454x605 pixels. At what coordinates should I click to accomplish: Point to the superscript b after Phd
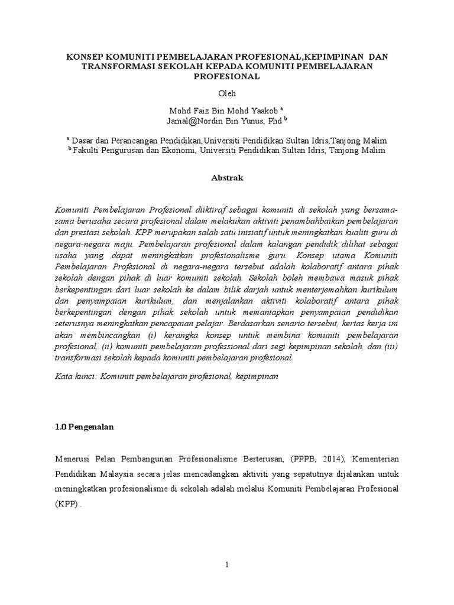[285, 118]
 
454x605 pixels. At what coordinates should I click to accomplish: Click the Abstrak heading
[227, 177]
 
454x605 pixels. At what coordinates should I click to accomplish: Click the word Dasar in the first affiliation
[85, 141]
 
